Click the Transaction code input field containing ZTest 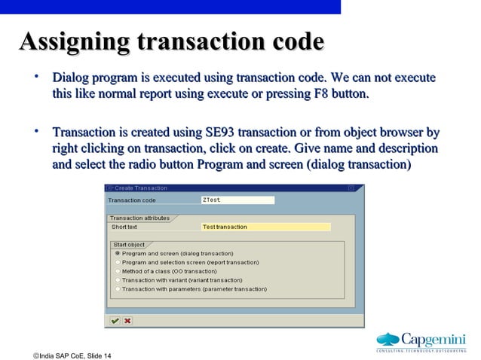237,200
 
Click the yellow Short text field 265,227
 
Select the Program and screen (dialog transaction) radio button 117,254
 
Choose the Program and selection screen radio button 117,262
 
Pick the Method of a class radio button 117,271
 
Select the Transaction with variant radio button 117,279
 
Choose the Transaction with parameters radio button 117,288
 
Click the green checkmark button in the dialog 115,320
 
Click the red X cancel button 127,320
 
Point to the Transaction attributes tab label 139,218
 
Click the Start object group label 129,245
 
